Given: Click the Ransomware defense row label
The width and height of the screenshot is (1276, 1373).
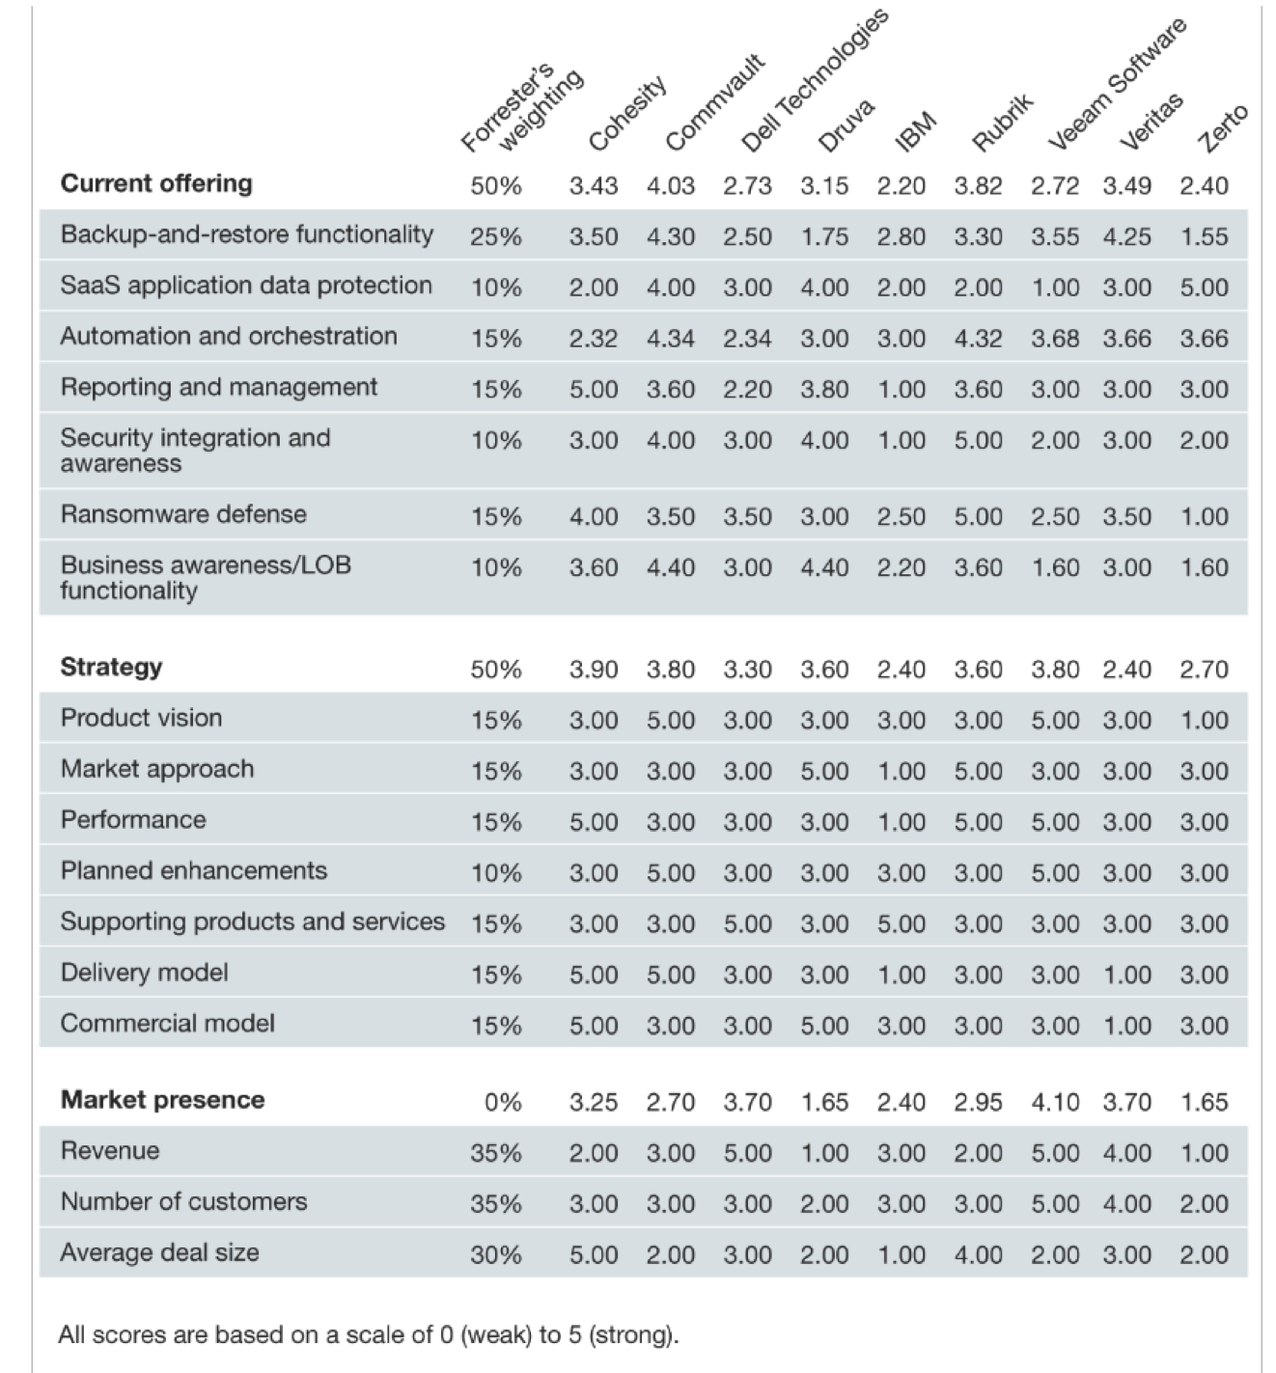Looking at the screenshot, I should (183, 514).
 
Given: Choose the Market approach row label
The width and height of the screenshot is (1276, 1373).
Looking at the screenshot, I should (157, 769).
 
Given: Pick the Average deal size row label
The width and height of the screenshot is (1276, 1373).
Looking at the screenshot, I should (159, 1252).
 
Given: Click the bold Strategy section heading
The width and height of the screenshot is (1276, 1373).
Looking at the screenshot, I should (111, 667).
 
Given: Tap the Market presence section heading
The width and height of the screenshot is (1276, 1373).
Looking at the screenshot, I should (162, 1100).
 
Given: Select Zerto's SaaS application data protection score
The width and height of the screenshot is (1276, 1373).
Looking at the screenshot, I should (1204, 288).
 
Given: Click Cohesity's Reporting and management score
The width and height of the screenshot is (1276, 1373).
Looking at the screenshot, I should (593, 390).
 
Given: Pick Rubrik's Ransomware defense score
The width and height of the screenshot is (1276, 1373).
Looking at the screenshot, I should (978, 517).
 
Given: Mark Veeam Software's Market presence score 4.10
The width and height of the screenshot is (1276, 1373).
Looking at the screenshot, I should (1055, 1102).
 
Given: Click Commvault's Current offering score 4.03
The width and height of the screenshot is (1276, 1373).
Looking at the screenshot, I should (670, 185).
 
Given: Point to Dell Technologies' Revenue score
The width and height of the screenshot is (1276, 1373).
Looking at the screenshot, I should (747, 1153).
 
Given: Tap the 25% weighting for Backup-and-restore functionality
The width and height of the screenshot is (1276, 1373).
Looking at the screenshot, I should (496, 236).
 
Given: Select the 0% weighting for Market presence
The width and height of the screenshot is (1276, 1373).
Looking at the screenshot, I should (503, 1102).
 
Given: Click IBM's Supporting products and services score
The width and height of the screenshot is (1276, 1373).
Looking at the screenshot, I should (901, 924).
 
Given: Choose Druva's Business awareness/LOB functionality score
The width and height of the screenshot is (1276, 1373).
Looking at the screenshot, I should (824, 567).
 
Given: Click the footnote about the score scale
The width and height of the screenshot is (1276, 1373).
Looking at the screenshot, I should (369, 1335).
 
